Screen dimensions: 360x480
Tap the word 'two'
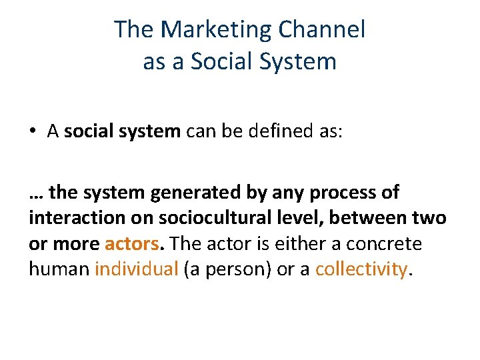[431, 219]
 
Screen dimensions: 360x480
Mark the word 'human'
[60, 269]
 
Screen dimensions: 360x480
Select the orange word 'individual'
[137, 269]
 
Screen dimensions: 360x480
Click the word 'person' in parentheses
[232, 269]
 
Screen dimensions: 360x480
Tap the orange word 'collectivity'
[361, 269]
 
